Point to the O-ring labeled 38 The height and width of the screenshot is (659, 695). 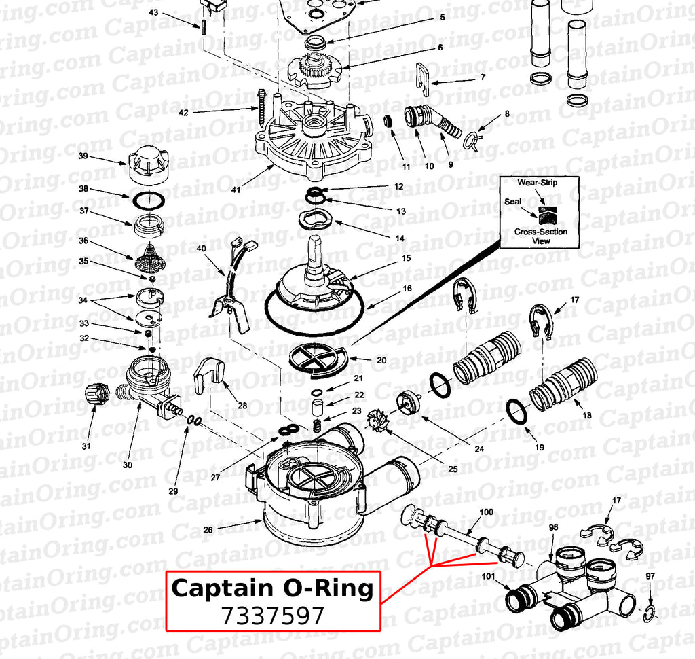point(147,201)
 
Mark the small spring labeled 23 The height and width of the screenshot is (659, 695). point(316,426)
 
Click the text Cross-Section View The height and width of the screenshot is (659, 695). point(541,236)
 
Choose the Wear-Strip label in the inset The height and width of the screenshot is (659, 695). point(539,183)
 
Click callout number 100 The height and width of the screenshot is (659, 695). point(487,511)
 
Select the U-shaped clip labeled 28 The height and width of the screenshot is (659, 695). point(209,376)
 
